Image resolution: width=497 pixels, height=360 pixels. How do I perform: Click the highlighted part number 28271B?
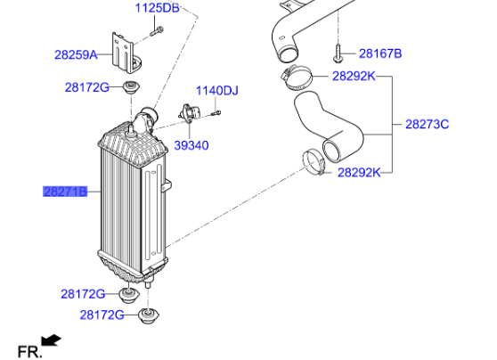tap(66, 191)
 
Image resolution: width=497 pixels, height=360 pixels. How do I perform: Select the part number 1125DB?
tap(157, 9)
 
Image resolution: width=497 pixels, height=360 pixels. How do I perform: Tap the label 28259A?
tap(76, 54)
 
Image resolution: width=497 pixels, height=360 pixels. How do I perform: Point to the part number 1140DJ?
tap(217, 90)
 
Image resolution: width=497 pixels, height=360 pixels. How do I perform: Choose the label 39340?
tap(191, 144)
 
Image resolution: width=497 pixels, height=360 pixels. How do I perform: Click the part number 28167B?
tap(381, 53)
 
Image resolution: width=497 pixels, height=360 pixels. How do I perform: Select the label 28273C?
tap(427, 124)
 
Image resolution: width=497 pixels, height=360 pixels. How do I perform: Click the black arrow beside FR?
tap(53, 340)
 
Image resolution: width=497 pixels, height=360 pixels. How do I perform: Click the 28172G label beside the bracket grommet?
tap(86, 86)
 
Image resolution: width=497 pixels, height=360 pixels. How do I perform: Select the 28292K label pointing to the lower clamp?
tap(359, 172)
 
